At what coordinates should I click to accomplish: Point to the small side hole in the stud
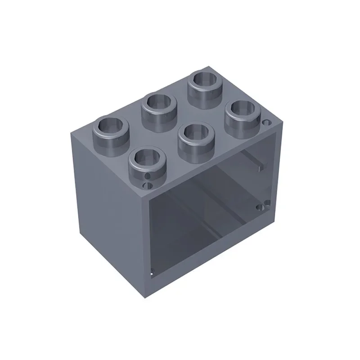point(148,175)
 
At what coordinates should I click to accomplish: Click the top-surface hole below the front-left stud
point(145,184)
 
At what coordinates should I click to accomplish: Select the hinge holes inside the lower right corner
point(262,207)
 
